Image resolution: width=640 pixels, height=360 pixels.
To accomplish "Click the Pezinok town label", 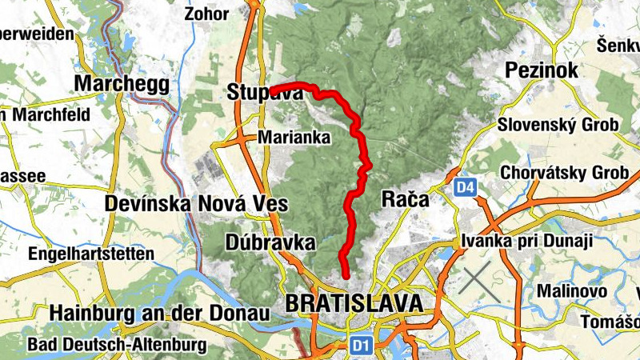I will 542,71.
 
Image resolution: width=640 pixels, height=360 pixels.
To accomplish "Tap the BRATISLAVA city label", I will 353,303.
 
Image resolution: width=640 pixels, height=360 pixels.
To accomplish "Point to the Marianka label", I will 294,138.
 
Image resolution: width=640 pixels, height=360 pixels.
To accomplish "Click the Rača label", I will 406,199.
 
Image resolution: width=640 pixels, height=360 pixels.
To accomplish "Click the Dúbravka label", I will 271,242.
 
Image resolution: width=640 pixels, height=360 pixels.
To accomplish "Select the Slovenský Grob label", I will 558,126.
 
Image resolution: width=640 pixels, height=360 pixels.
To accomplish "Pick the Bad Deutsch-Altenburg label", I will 117,345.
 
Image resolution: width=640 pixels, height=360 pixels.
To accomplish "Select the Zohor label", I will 206,14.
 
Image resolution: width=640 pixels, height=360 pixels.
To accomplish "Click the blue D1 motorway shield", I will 362,345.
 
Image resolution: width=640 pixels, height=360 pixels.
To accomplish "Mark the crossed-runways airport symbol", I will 480,283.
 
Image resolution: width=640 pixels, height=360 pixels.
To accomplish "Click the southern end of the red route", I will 346,276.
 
